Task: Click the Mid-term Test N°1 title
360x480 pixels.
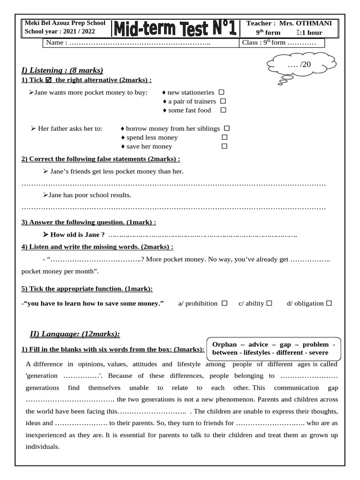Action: point(174,28)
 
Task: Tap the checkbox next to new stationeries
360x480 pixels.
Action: point(221,92)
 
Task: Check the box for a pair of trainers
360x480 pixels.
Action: point(223,101)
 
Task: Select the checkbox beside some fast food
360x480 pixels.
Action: point(223,110)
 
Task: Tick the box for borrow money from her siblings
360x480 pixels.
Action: point(227,128)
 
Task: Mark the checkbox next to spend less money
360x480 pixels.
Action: point(225,137)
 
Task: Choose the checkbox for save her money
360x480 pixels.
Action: point(225,146)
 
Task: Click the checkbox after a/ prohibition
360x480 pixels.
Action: point(225,303)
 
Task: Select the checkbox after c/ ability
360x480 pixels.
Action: point(269,303)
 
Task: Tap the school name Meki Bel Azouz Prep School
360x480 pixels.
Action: point(65,23)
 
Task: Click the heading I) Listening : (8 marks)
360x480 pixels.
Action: point(62,70)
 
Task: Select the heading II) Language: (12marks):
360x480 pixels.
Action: point(75,334)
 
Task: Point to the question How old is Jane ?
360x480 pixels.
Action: point(77,234)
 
